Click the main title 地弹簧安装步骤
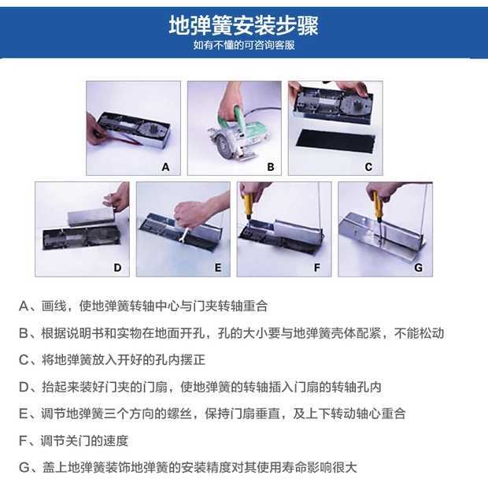243,26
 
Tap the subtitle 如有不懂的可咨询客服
244,46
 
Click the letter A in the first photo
165,167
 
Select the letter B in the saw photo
271,167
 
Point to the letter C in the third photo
368,167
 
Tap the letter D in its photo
117,268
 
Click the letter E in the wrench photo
218,268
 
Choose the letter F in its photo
317,268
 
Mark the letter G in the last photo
418,268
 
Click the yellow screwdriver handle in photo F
249,204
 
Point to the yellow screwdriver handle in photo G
376,202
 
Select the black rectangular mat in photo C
335,141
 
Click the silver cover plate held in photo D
91,214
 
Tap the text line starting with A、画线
143,306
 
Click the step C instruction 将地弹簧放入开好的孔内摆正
124,360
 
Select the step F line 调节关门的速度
84,441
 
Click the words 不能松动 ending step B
419,333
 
